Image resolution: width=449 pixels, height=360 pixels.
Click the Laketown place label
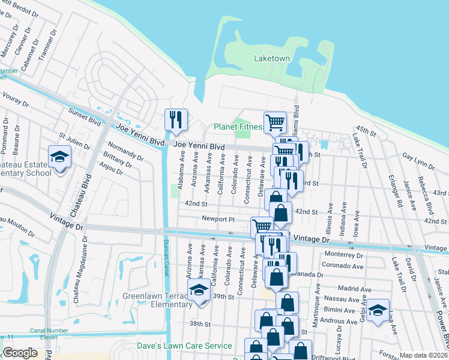pyautogui.click(x=271, y=59)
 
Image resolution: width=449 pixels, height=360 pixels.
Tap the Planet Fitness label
pyautogui.click(x=238, y=127)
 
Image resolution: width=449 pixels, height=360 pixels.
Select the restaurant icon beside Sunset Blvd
pyautogui.click(x=176, y=120)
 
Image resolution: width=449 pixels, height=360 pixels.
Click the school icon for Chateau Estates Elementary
pyautogui.click(x=60, y=158)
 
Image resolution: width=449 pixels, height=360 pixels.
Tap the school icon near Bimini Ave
pyautogui.click(x=378, y=311)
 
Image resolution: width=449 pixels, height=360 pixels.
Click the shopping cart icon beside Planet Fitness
pyautogui.click(x=275, y=122)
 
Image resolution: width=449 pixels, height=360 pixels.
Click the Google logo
pyautogui.click(x=20, y=353)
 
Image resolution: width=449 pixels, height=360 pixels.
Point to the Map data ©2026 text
pyautogui.click(x=423, y=355)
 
